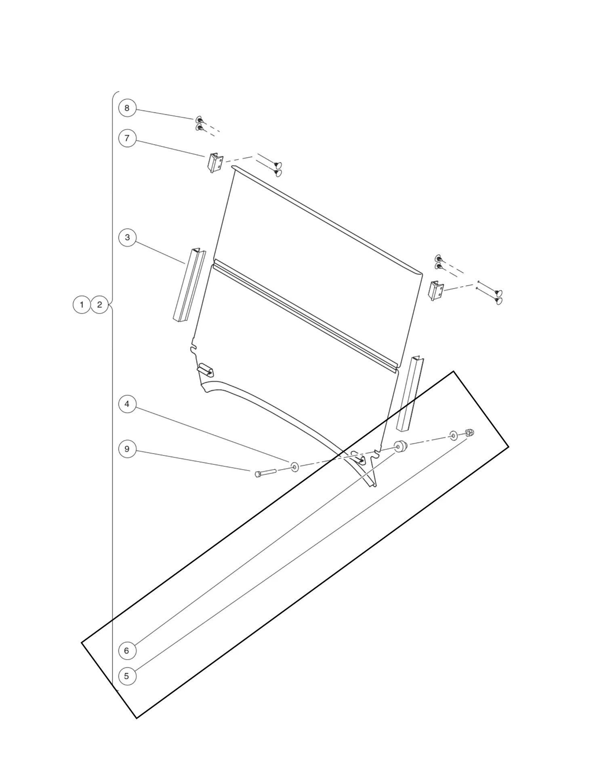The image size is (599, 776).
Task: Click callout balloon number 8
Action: (x=127, y=108)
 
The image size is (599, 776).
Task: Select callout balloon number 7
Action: (x=127, y=138)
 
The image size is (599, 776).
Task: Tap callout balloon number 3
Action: (x=127, y=237)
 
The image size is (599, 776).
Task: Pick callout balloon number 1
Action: (x=82, y=304)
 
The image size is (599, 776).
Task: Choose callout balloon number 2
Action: (x=100, y=304)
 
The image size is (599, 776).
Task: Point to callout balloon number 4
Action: (x=127, y=404)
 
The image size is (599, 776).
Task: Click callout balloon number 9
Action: (x=127, y=449)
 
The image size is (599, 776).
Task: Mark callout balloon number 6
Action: (x=127, y=651)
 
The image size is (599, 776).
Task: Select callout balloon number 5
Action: (x=127, y=676)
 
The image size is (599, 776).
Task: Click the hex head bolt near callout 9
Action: (x=265, y=472)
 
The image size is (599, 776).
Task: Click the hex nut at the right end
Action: (x=469, y=433)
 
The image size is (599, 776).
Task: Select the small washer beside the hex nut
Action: (x=454, y=436)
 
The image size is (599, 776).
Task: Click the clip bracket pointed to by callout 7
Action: (x=215, y=163)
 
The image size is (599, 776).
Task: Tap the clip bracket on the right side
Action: (x=436, y=291)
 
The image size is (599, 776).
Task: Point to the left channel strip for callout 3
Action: (x=189, y=285)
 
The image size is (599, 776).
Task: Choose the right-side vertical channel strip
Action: (x=409, y=394)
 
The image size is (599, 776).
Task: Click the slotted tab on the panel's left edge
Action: (x=206, y=369)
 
